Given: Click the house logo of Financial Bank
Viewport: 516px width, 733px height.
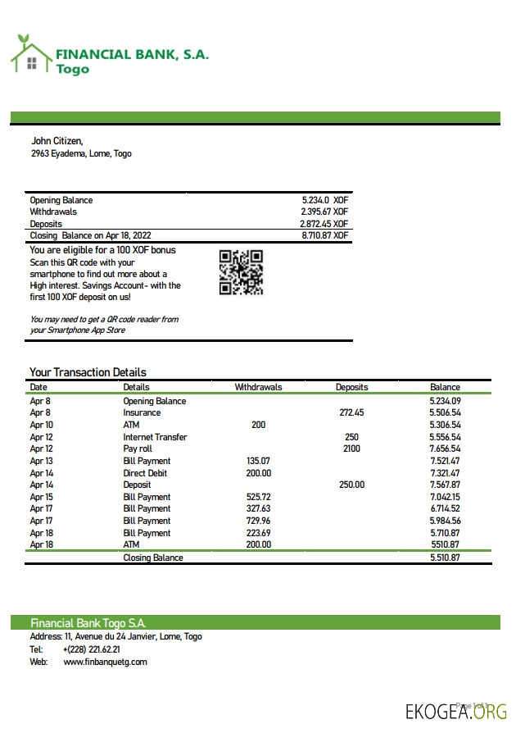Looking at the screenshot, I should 30,55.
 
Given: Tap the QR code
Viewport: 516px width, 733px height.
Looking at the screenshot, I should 241,272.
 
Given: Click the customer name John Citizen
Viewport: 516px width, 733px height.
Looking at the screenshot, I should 57,141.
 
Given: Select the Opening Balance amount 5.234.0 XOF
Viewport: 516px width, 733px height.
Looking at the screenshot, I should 325,200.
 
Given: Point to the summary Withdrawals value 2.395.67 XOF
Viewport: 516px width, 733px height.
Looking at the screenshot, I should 324,212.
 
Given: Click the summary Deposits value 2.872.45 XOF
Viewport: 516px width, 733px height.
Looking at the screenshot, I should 324,224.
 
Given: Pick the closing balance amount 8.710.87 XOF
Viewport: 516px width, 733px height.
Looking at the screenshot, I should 324,235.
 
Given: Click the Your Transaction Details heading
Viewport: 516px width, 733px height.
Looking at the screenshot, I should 88,372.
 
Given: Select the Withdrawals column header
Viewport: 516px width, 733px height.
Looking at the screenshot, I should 258,387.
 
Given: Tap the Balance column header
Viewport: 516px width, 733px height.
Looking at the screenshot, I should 445,387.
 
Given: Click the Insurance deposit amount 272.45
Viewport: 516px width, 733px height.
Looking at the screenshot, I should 351,413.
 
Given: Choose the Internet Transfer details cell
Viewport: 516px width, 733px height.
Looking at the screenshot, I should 155,437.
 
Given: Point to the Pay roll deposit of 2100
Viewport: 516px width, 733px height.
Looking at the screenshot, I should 351,449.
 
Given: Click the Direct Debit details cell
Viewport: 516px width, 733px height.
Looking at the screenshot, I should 146,473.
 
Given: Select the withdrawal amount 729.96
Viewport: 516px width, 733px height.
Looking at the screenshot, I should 259,521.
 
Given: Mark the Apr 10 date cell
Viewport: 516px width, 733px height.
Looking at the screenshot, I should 41,426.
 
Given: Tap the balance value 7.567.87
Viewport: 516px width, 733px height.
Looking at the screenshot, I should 445,485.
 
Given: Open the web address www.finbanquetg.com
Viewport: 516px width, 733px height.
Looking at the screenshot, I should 105,662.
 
